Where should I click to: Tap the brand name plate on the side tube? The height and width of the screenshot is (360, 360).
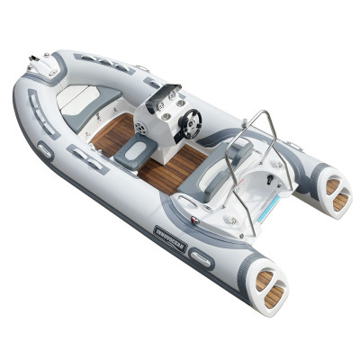pyautogui.click(x=169, y=240)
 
